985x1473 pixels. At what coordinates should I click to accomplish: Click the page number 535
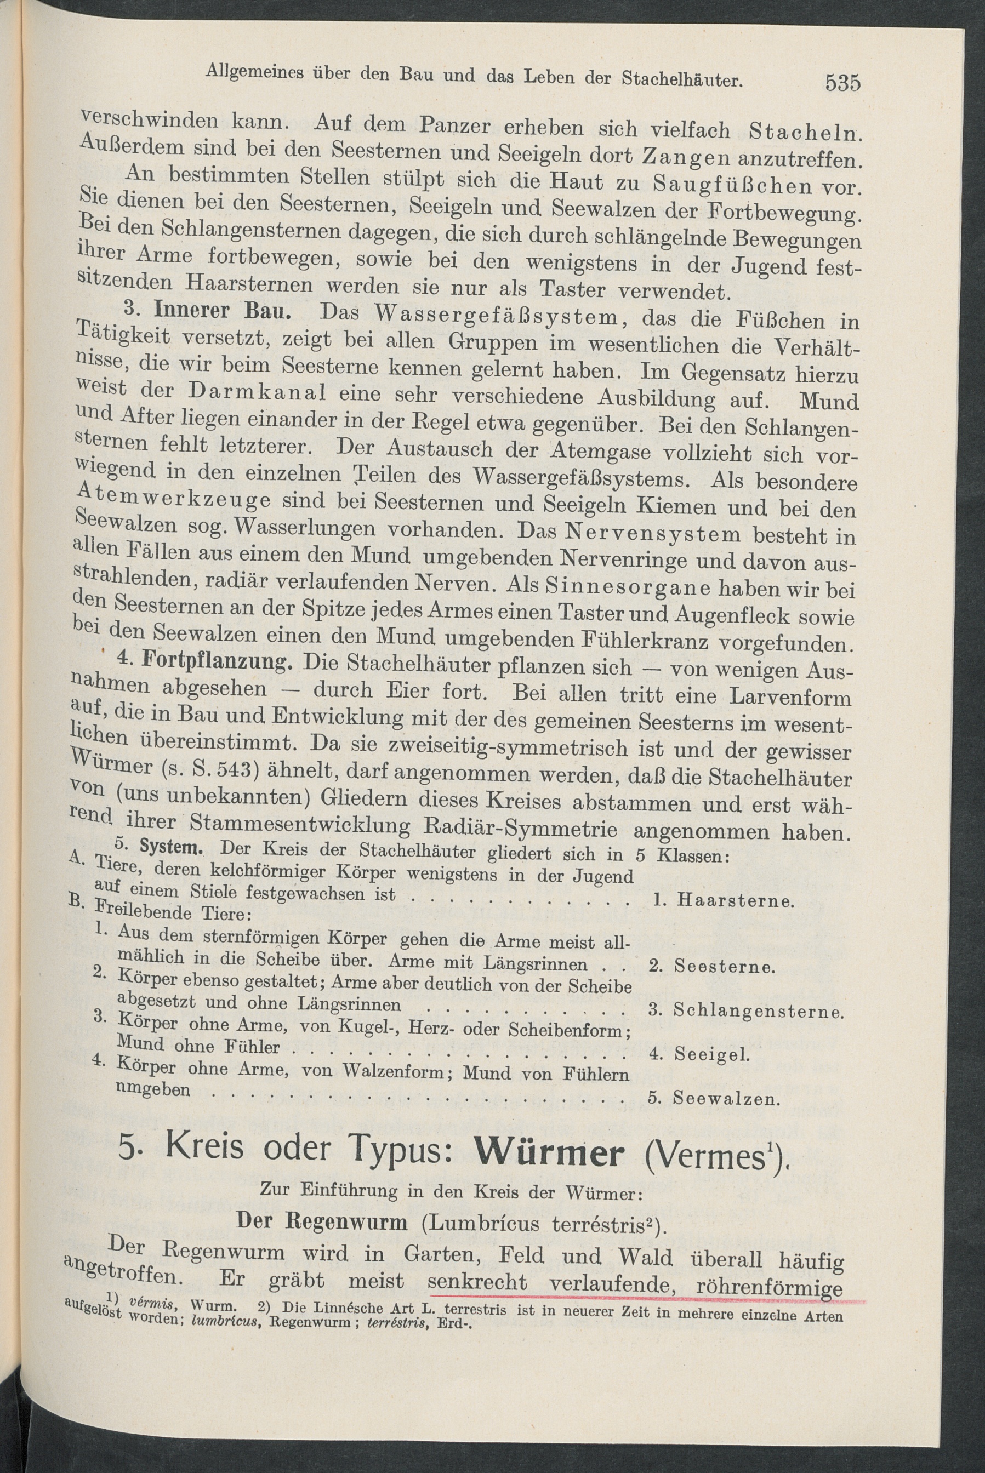coord(842,82)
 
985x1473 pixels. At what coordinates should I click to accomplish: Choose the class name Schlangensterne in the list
coord(757,1010)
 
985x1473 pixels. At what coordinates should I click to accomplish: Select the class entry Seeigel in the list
coord(713,1054)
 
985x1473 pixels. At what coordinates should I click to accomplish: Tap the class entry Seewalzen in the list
coord(726,1098)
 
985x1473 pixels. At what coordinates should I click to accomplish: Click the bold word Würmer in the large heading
coord(549,1153)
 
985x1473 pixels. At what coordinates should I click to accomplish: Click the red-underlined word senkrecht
coord(477,1282)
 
